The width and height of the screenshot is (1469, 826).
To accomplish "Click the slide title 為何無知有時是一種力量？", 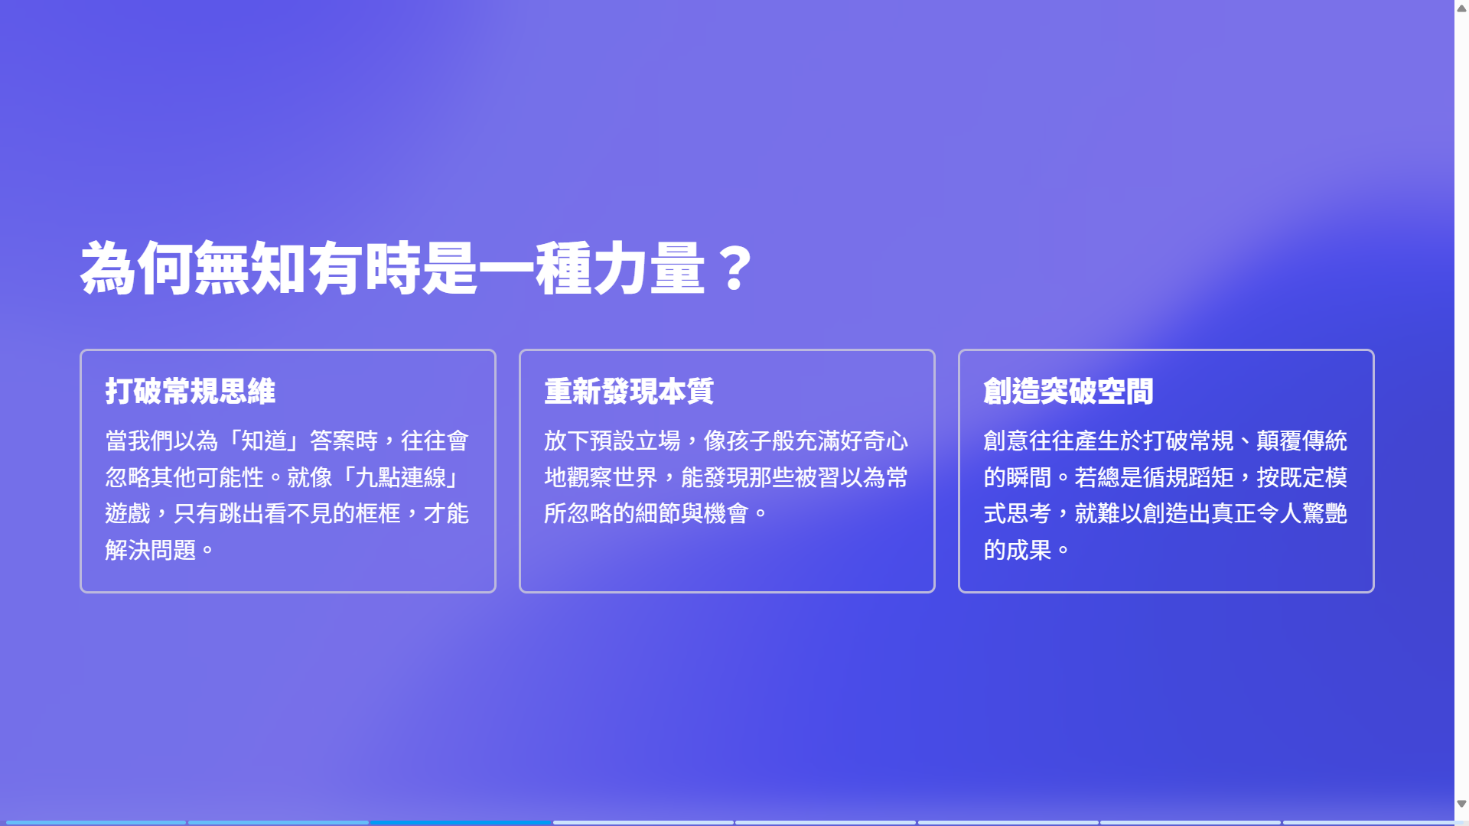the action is (x=417, y=268).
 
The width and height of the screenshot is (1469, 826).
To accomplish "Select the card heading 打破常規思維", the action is (x=191, y=391).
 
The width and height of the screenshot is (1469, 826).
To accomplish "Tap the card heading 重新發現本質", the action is (x=629, y=391).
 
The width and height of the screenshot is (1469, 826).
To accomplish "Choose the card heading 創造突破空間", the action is (x=1068, y=391).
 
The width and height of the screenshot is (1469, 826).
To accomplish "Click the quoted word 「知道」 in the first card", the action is (x=264, y=441).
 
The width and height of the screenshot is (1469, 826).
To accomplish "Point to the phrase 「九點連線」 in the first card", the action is (x=400, y=477).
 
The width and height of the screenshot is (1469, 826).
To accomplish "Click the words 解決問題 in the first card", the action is (x=151, y=550).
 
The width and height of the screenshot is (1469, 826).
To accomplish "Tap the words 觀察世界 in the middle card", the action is (x=612, y=477).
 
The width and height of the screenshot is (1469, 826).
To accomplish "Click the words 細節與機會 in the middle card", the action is (x=692, y=513).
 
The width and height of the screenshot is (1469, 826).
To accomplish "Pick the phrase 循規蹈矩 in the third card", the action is (x=1188, y=477).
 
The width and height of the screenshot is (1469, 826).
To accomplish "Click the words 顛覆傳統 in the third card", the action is (x=1301, y=441).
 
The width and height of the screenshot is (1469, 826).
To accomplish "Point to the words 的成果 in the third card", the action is (x=1018, y=550).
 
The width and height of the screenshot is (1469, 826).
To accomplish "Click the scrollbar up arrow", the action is (x=1461, y=8).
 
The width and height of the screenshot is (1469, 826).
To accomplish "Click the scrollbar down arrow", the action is (x=1461, y=804).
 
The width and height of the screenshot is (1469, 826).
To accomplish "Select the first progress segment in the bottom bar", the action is (x=96, y=822).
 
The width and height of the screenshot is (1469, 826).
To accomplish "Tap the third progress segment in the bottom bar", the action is (x=461, y=822).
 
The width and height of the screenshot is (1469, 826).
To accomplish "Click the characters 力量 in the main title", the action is (x=649, y=268).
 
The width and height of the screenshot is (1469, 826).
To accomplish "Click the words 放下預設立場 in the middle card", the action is (x=612, y=441).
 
